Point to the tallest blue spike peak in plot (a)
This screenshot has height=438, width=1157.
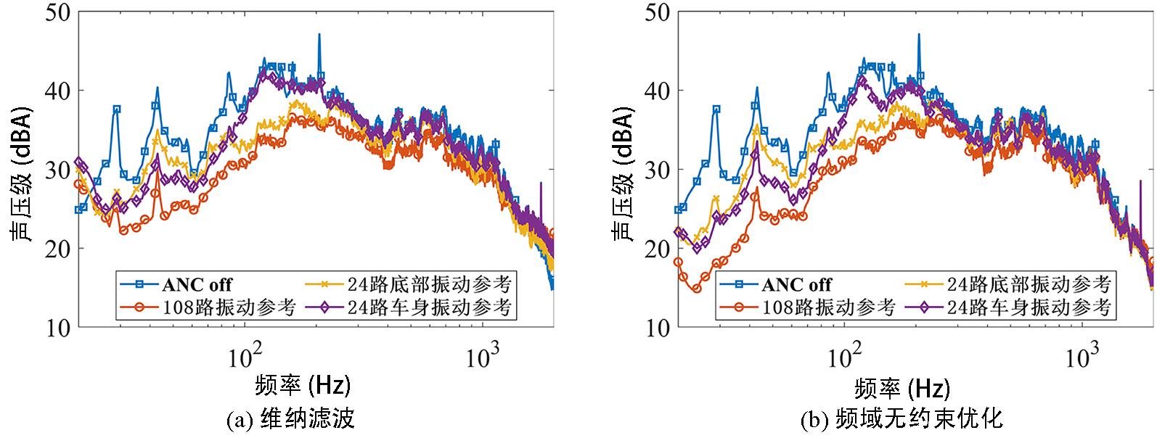(319, 35)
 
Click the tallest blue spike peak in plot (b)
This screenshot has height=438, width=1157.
(918, 35)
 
